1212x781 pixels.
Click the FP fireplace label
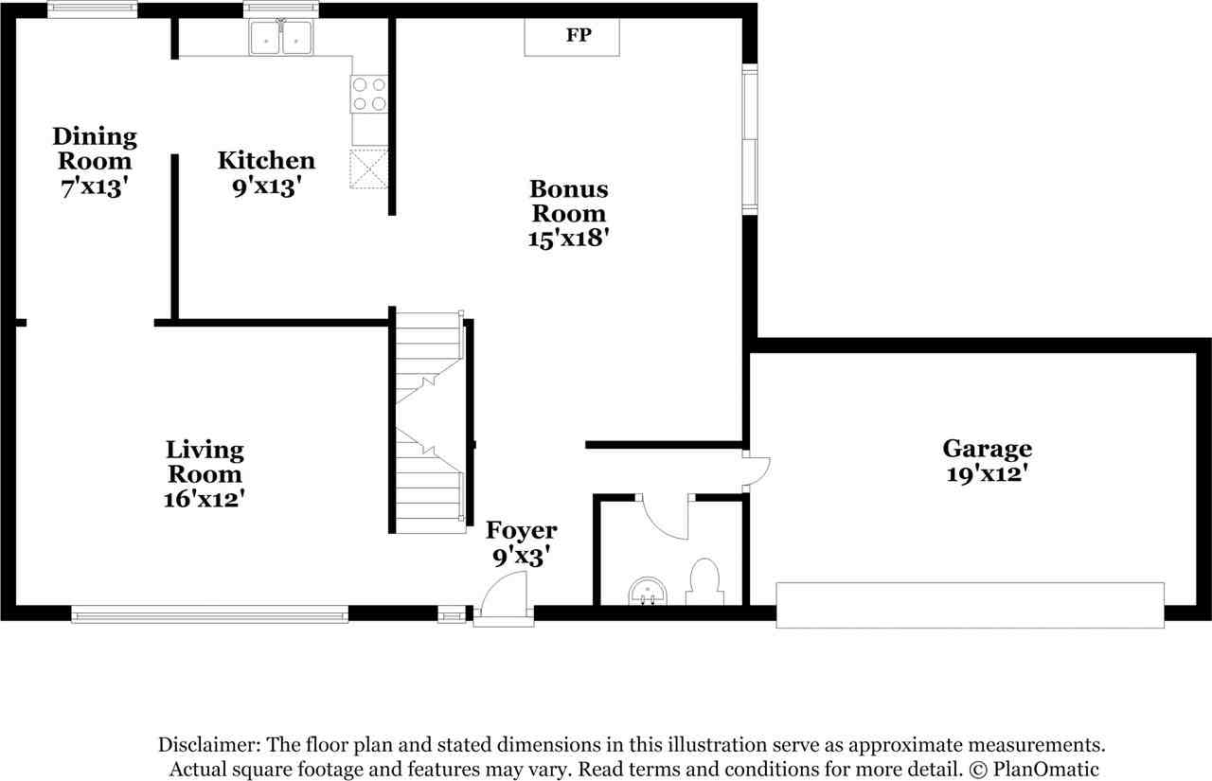pyautogui.click(x=579, y=36)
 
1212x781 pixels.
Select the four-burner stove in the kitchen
pyautogui.click(x=369, y=93)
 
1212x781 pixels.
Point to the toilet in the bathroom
pyautogui.click(x=704, y=581)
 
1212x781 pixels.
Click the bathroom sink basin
pyautogui.click(x=648, y=592)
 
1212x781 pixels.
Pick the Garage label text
pyautogui.click(x=987, y=449)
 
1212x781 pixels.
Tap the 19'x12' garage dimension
pyautogui.click(x=987, y=474)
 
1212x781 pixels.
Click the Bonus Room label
pyautogui.click(x=568, y=201)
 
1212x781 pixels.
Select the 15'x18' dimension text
pyautogui.click(x=568, y=239)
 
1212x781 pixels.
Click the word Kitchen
pyautogui.click(x=266, y=160)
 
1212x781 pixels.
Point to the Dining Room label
pyautogui.click(x=94, y=149)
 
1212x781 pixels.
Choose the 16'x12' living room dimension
pyautogui.click(x=205, y=498)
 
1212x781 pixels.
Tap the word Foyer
pyautogui.click(x=521, y=530)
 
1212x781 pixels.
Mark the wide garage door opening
pyautogui.click(x=970, y=605)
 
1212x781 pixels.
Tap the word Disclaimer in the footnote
pyautogui.click(x=211, y=745)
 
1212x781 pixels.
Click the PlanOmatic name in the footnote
pyautogui.click(x=1053, y=769)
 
